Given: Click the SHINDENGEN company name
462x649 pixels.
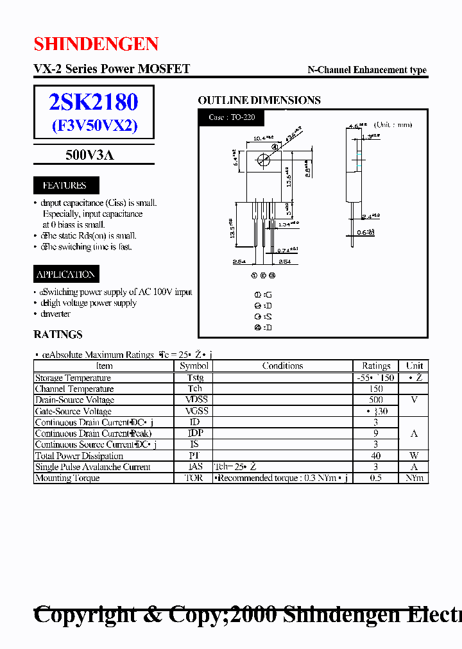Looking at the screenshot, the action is tap(96, 44).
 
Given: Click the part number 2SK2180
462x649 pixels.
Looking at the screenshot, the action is tap(94, 101).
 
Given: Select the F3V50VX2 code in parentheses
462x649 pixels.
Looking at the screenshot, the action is tap(94, 126).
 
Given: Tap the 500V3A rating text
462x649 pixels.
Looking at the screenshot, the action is tap(90, 154).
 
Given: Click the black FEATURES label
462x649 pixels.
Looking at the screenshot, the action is tap(64, 185).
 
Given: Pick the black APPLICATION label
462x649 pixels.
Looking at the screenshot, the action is tap(65, 274).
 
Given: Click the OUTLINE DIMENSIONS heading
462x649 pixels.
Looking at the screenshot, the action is tap(259, 100).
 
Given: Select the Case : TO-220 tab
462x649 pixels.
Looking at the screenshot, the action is tap(232, 117).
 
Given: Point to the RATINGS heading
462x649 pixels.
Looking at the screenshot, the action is tap(58, 334).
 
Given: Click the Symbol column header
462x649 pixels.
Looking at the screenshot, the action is tap(194, 366).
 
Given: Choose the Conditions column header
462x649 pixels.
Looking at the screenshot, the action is tap(282, 366).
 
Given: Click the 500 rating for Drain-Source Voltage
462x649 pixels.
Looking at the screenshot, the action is tap(376, 400).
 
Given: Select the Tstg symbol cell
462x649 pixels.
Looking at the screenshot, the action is tap(194, 378).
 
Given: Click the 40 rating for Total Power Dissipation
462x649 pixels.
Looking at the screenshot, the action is tap(376, 456).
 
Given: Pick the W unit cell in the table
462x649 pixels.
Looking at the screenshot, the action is tap(414, 456).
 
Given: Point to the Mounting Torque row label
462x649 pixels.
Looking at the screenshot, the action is tap(67, 478).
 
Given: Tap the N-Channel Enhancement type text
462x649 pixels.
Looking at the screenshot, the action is tap(367, 70).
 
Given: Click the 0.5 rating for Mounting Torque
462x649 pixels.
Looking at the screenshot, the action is tap(376, 478).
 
